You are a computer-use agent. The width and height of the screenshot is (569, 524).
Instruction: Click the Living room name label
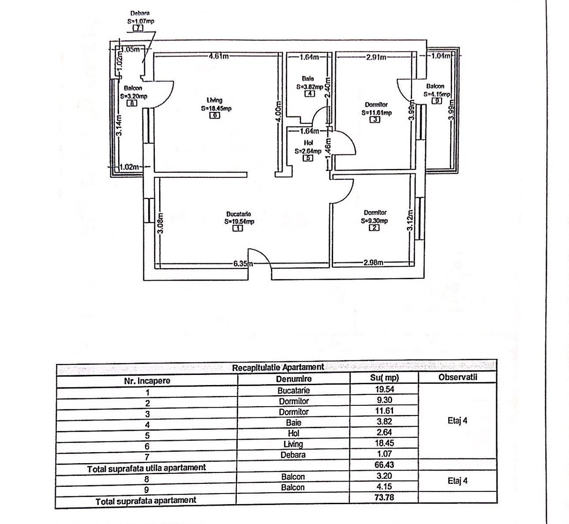(x=214, y=100)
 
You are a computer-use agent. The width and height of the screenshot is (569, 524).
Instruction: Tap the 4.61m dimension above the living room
(x=219, y=56)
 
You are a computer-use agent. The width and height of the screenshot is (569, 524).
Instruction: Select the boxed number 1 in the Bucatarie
(x=238, y=228)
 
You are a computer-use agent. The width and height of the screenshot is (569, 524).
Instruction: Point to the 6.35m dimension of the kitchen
(x=243, y=264)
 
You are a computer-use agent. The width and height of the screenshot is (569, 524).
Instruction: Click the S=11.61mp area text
(x=376, y=113)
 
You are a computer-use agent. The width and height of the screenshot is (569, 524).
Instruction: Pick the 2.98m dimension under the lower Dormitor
(x=373, y=263)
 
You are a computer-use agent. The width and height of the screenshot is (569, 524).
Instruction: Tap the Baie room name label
(x=308, y=79)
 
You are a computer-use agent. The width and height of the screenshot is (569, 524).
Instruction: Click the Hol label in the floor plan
(x=308, y=143)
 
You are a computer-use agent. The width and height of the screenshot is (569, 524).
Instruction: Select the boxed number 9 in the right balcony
(x=437, y=101)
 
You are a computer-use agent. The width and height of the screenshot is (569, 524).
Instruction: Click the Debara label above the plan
(x=140, y=13)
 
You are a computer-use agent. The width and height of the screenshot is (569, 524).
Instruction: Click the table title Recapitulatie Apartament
(x=278, y=367)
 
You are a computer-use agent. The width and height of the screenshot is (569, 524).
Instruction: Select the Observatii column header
(x=458, y=377)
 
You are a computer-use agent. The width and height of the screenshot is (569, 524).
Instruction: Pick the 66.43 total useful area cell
(x=384, y=465)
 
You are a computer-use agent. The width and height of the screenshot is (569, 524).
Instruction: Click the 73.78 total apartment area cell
(x=384, y=498)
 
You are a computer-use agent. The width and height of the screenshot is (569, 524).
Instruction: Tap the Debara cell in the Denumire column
(x=293, y=455)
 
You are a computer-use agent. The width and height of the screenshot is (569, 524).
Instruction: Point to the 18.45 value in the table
(x=384, y=443)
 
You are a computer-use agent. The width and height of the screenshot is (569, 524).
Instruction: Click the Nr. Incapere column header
(x=147, y=381)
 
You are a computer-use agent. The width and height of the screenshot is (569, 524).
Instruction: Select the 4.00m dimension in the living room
(x=278, y=112)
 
